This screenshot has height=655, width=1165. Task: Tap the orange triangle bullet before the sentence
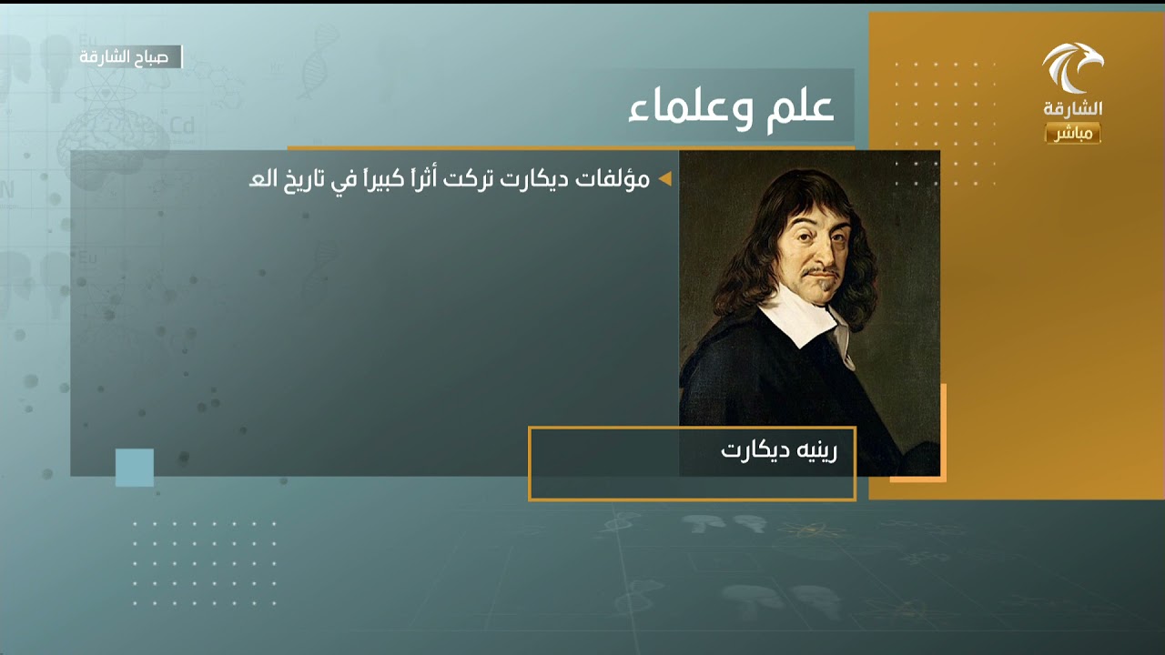tap(664, 179)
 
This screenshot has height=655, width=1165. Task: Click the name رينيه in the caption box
tap(816, 451)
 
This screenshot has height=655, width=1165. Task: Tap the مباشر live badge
tap(1072, 134)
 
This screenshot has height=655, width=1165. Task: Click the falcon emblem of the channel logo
tap(1071, 67)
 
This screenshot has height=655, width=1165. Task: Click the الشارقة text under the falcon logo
tap(1072, 109)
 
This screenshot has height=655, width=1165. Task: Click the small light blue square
tap(135, 468)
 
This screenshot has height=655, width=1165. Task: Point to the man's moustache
tap(822, 271)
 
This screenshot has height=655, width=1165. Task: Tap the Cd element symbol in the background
tap(182, 126)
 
